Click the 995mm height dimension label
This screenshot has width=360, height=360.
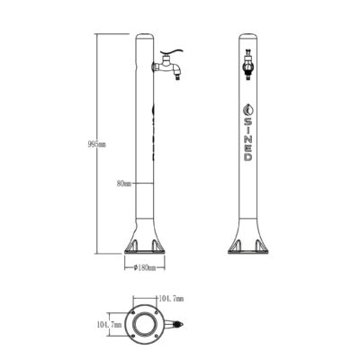tap(97, 144)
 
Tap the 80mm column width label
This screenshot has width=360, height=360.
tap(124, 184)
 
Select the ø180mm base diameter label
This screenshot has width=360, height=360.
tap(145, 268)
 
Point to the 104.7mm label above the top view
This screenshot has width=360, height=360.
tap(171, 299)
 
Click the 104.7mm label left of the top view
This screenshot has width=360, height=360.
tap(109, 324)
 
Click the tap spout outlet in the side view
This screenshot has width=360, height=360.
tap(178, 77)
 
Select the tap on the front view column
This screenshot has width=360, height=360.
tap(247, 65)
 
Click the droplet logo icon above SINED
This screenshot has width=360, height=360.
tap(247, 110)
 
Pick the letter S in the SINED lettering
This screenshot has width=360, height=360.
tap(247, 121)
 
